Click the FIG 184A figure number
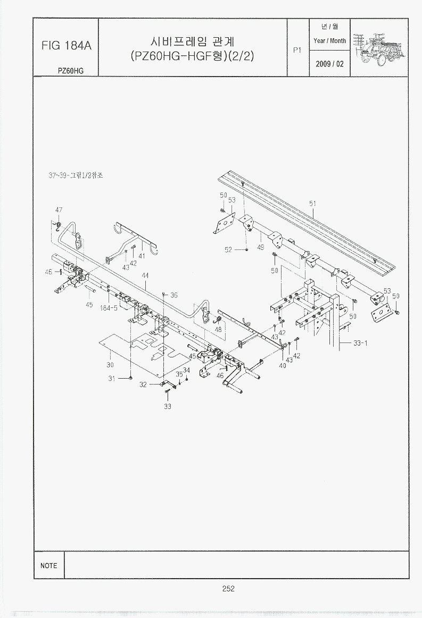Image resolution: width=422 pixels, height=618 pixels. [x=67, y=46]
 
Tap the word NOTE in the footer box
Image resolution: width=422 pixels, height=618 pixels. [x=48, y=565]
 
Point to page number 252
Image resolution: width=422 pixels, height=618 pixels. [x=228, y=588]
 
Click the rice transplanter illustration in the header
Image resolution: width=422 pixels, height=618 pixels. [x=379, y=47]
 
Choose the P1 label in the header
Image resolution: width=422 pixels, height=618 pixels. [x=297, y=50]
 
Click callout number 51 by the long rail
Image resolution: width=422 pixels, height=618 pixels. [x=312, y=203]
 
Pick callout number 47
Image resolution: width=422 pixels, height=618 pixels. [x=59, y=210]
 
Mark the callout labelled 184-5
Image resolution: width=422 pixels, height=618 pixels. [x=109, y=307]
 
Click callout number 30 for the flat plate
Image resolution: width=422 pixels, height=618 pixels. [x=110, y=365]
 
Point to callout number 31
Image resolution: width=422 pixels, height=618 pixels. [x=112, y=378]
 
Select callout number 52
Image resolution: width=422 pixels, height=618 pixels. [x=228, y=249]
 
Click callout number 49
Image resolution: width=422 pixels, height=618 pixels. [x=261, y=247]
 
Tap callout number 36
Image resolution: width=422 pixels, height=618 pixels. [x=173, y=295]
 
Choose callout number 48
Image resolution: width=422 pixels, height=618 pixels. [x=218, y=330]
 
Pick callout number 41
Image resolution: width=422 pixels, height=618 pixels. [x=142, y=256]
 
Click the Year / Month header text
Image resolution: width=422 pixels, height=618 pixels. [x=329, y=40]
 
